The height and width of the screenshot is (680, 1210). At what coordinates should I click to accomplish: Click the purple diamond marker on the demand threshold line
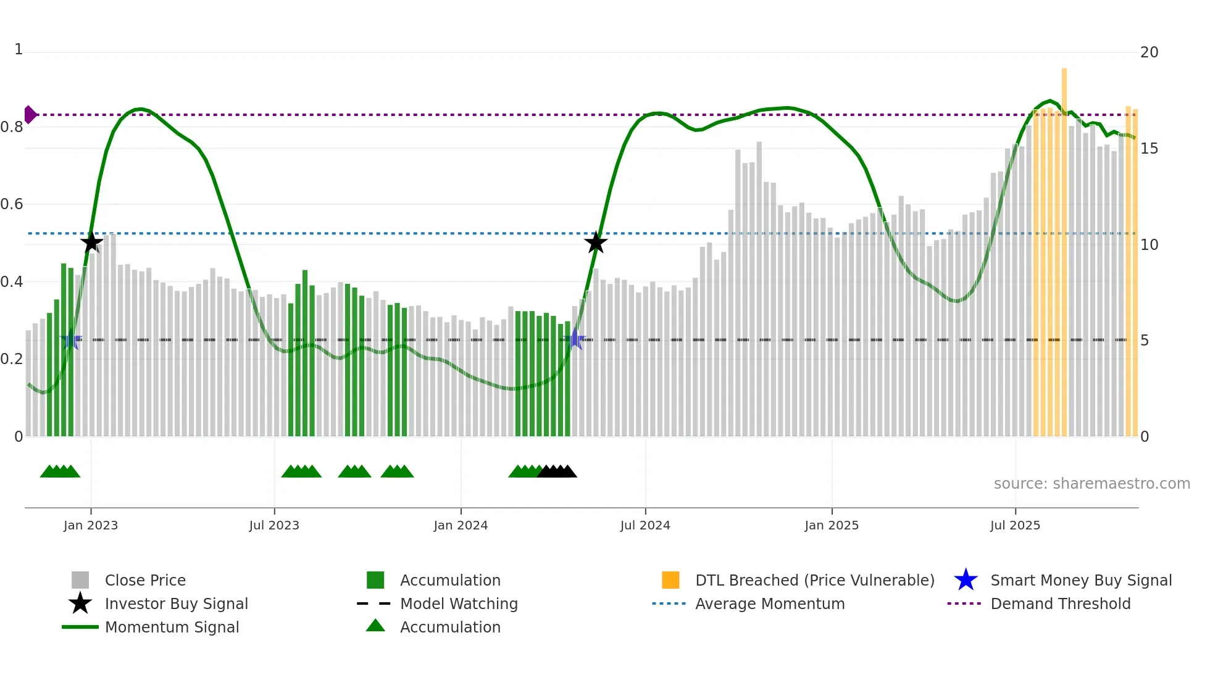(30, 115)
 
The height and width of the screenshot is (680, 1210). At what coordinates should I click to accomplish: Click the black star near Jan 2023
(91, 243)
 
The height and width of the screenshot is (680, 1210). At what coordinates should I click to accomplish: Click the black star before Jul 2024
(596, 243)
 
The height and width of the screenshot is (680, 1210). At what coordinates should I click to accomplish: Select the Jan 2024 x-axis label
(461, 526)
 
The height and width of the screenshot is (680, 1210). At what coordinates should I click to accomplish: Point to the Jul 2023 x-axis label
(274, 526)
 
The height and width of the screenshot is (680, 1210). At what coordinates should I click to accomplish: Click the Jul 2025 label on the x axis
(1015, 526)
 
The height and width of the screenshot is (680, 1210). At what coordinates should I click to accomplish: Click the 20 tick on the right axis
(1149, 52)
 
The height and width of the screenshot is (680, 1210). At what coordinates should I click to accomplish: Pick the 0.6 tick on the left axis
(12, 204)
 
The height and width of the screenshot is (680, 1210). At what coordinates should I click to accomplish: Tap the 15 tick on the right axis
(1149, 149)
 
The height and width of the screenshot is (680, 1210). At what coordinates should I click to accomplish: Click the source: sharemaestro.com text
(1091, 484)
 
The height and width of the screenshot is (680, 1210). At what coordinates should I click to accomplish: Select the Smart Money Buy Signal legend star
(966, 580)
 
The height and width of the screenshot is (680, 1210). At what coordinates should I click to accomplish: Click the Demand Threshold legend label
(1060, 604)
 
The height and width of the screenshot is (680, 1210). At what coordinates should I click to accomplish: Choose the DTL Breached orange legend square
(670, 580)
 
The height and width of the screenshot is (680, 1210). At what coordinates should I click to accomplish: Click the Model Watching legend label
(459, 604)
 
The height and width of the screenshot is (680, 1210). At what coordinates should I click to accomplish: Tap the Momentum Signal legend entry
(172, 628)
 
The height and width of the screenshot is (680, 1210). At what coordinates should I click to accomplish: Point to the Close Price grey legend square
(80, 580)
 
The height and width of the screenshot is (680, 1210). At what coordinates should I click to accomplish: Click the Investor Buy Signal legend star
(80, 603)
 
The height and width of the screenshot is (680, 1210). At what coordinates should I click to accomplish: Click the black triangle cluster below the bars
(557, 472)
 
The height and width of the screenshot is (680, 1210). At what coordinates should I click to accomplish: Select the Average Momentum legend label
(770, 604)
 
